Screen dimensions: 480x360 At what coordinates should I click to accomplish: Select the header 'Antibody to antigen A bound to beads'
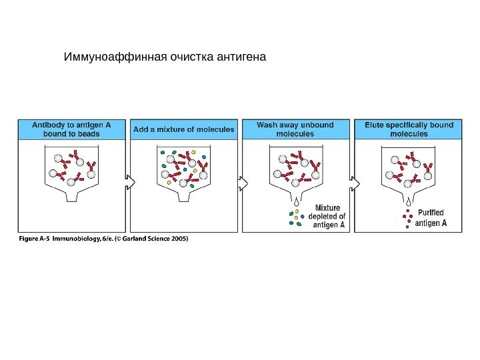[71, 129]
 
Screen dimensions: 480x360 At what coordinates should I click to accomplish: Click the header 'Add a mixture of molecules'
[184, 129]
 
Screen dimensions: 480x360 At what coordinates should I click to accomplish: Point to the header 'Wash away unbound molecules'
[295, 129]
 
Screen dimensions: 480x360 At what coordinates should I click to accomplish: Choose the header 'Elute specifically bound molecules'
[409, 129]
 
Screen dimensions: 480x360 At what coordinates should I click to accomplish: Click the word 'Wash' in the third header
[268, 125]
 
